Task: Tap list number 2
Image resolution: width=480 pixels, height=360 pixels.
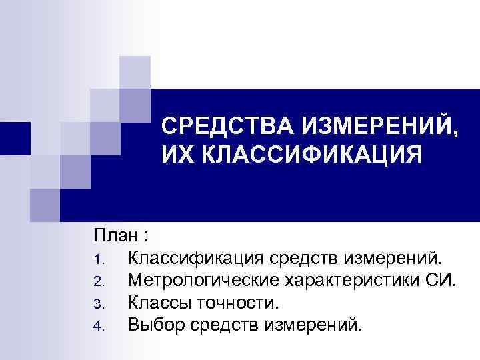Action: pyautogui.click(x=98, y=281)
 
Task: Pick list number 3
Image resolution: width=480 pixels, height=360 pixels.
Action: pyautogui.click(x=98, y=304)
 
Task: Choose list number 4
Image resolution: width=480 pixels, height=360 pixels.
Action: pyautogui.click(x=98, y=327)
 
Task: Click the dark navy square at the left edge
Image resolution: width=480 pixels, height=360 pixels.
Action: pyautogui.click(x=15, y=138)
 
